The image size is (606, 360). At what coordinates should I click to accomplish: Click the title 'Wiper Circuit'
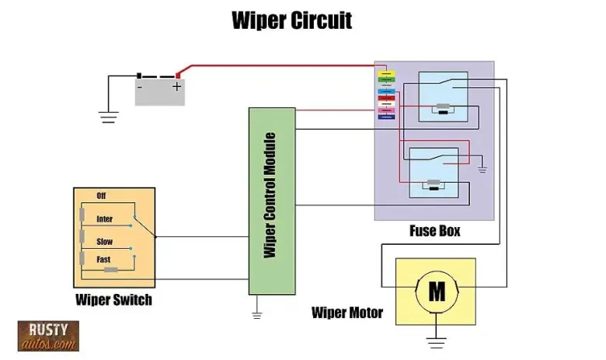coord(291,19)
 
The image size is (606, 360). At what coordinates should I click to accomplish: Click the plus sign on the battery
coord(177,87)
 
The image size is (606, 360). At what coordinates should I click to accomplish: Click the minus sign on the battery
coord(140,87)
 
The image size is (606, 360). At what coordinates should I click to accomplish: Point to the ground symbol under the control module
coord(257,314)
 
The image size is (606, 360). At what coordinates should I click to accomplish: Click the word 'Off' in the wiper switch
coord(101,196)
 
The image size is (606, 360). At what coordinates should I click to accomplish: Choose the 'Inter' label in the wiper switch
coord(104,219)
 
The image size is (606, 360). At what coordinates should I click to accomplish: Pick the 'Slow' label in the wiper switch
coord(104,242)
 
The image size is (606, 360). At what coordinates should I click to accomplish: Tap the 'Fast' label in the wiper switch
coord(103,259)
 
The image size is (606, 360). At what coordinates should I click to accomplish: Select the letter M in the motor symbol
coord(437,292)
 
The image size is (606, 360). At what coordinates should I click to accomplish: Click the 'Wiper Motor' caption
coord(347,313)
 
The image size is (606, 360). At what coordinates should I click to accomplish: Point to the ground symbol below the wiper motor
coord(437,341)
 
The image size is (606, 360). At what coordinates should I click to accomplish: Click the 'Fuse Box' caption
coord(434,231)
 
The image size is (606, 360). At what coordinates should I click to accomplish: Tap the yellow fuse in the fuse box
coord(386,72)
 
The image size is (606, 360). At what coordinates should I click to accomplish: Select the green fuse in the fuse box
coord(386,79)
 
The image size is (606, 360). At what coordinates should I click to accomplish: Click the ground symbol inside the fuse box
coord(482,166)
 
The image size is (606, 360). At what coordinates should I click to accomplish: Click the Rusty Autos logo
coord(48,336)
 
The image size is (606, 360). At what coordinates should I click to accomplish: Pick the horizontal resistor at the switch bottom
coord(111,269)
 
